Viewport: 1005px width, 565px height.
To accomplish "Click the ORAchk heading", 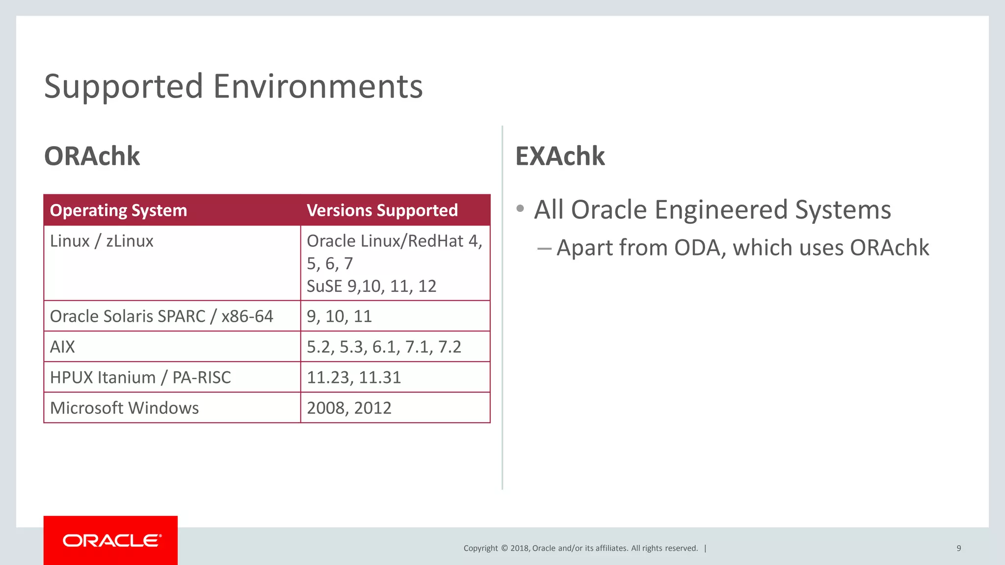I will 92,156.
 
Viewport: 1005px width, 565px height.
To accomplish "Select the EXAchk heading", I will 560,156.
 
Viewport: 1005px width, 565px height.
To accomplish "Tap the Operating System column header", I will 118,210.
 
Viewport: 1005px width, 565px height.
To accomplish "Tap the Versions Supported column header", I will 382,210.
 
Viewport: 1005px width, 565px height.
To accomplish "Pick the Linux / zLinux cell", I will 102,241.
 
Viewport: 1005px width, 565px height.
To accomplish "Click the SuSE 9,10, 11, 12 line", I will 371,286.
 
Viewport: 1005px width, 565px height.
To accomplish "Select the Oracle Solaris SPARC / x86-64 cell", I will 161,316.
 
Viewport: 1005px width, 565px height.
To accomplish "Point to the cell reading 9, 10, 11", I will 339,316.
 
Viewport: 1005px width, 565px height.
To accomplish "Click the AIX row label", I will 62,347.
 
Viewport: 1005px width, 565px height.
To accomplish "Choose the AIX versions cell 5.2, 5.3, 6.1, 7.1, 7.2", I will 384,347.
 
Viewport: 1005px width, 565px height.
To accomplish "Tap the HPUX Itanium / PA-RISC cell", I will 140,377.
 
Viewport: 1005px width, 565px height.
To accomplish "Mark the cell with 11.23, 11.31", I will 354,377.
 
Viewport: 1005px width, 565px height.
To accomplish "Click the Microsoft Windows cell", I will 124,408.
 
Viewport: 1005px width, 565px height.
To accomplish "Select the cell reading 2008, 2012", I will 349,408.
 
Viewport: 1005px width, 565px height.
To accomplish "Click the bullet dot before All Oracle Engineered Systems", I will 520,209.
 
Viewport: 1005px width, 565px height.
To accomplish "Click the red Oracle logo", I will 110,540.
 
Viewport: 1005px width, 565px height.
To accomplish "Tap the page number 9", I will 958,548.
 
